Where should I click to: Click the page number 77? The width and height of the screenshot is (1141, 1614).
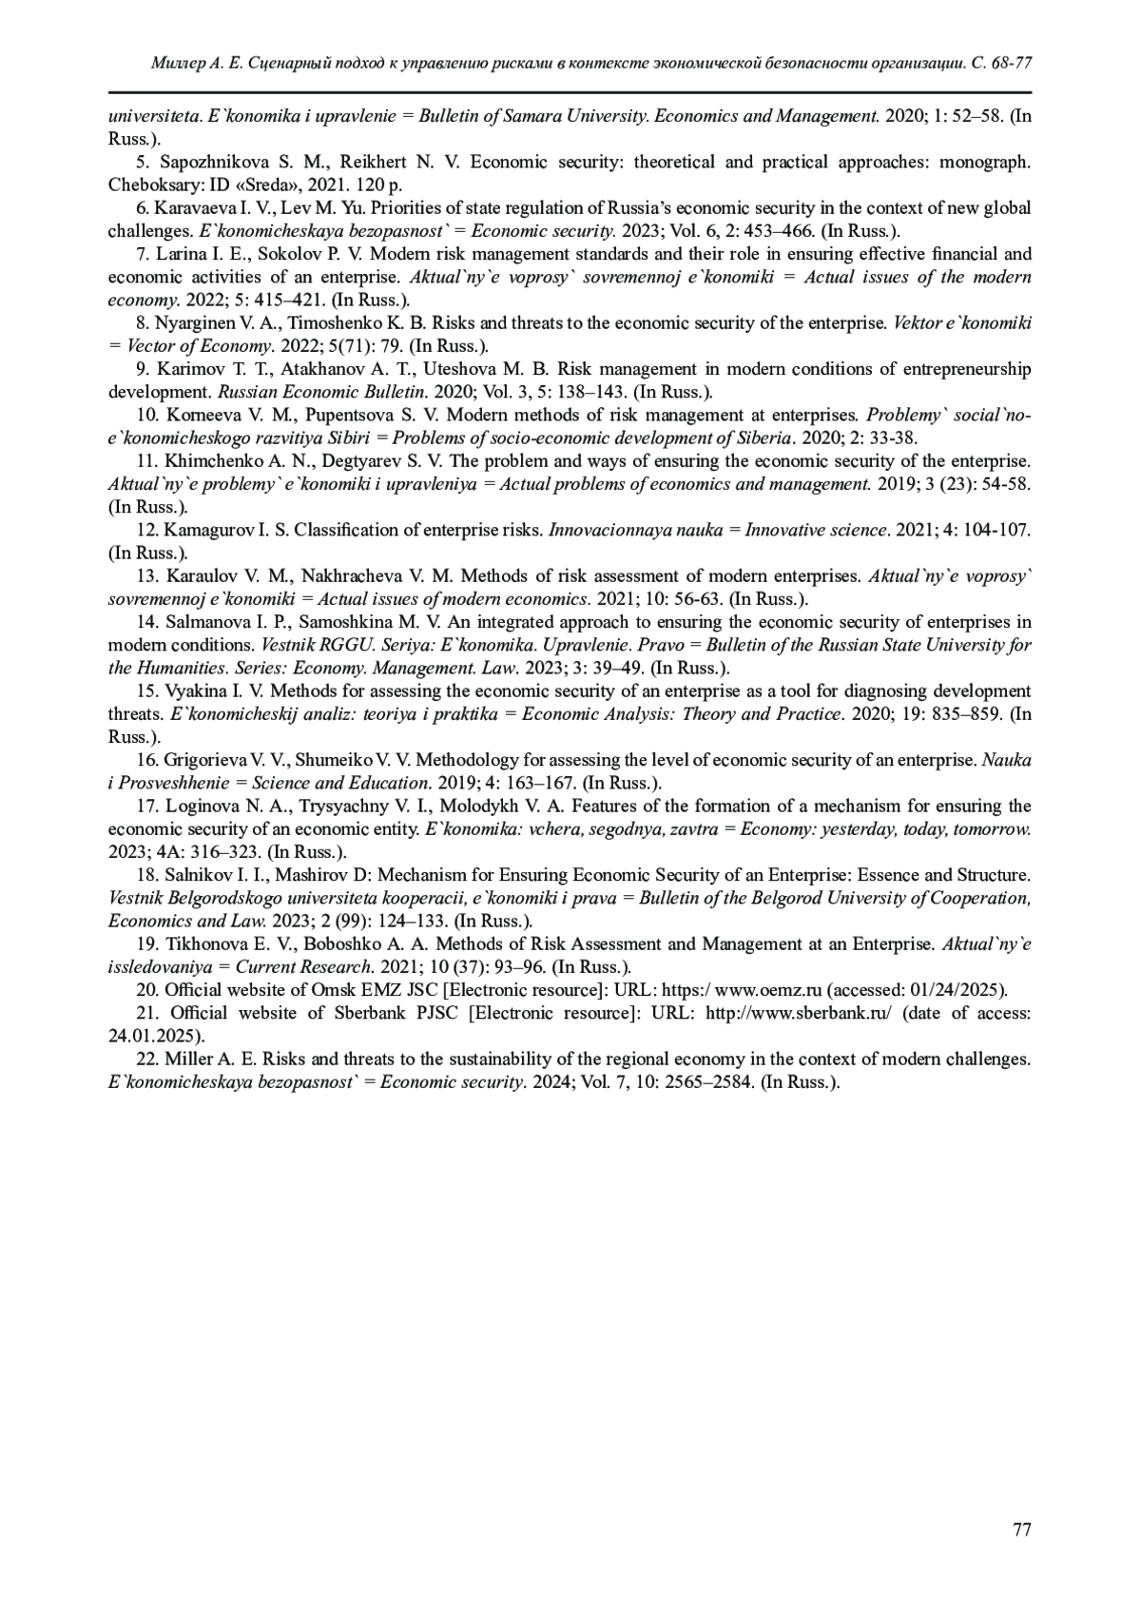tap(1022, 1529)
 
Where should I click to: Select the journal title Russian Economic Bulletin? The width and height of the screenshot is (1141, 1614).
tap(323, 392)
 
